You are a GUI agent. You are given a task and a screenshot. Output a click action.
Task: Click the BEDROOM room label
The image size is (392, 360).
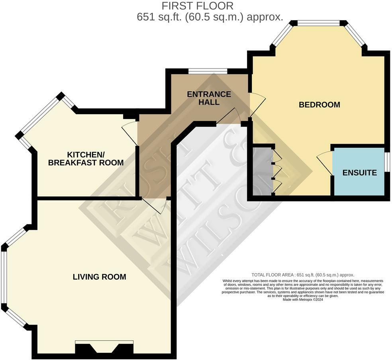pos(319,105)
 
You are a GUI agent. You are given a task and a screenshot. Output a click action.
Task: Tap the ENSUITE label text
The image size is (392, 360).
pos(359,172)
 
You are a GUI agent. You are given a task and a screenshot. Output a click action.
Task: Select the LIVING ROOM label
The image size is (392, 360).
pos(100,277)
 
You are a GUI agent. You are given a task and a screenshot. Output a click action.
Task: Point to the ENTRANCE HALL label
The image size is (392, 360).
pos(209,98)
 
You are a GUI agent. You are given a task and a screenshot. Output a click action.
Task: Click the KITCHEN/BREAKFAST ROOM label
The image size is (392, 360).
pos(86,158)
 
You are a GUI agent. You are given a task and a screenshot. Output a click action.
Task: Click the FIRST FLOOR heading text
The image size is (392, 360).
pos(198,6)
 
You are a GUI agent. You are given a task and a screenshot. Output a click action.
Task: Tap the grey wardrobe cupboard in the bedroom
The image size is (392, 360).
pos(263,171)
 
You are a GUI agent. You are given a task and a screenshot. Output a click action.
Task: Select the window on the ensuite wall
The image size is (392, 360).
pos(387,162)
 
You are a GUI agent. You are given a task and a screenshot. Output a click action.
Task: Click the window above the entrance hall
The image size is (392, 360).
pos(208,71)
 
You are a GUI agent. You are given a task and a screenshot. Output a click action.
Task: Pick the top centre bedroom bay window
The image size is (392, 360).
pos(318,23)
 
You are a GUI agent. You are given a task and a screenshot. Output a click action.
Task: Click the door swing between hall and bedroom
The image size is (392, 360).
pos(257,105)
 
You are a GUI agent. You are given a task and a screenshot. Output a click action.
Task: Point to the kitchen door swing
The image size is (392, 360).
pos(130,133)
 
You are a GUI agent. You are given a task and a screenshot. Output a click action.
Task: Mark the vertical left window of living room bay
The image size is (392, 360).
pos(4,277)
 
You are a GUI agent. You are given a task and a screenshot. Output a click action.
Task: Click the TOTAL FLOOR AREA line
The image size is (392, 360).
pos(303,275)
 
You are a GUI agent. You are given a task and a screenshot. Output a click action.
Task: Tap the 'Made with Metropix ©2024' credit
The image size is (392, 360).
pos(303,299)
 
